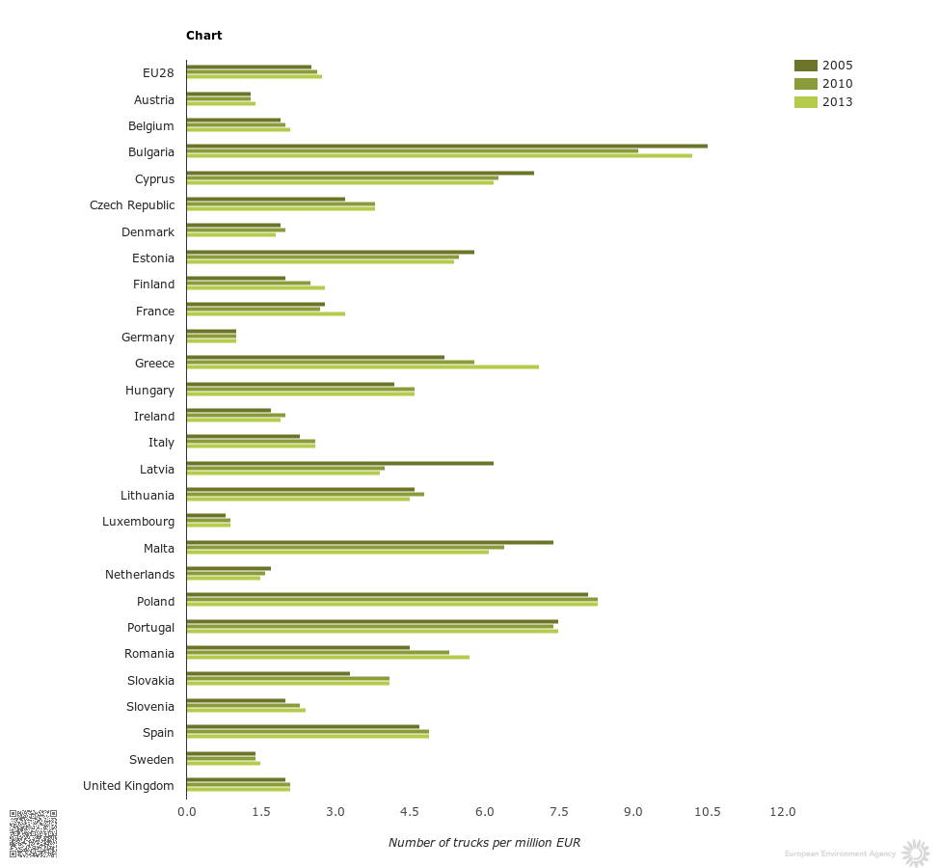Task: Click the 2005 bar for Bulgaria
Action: (446, 147)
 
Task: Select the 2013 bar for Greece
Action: (363, 366)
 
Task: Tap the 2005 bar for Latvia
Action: (339, 463)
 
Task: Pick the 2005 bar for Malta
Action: (369, 542)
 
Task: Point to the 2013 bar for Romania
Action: (328, 657)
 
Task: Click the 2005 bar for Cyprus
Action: (360, 174)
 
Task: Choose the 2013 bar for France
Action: (265, 313)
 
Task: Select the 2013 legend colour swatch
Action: (805, 102)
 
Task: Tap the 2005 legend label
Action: (837, 66)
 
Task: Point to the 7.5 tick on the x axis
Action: (559, 812)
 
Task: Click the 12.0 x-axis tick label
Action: (783, 812)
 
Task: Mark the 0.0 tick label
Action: (186, 812)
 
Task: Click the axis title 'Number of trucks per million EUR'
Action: (484, 843)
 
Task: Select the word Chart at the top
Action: (204, 36)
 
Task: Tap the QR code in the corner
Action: (33, 833)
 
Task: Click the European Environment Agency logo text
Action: (840, 854)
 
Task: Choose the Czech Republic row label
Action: (132, 205)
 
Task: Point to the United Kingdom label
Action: (128, 786)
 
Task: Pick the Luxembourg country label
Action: (138, 522)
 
